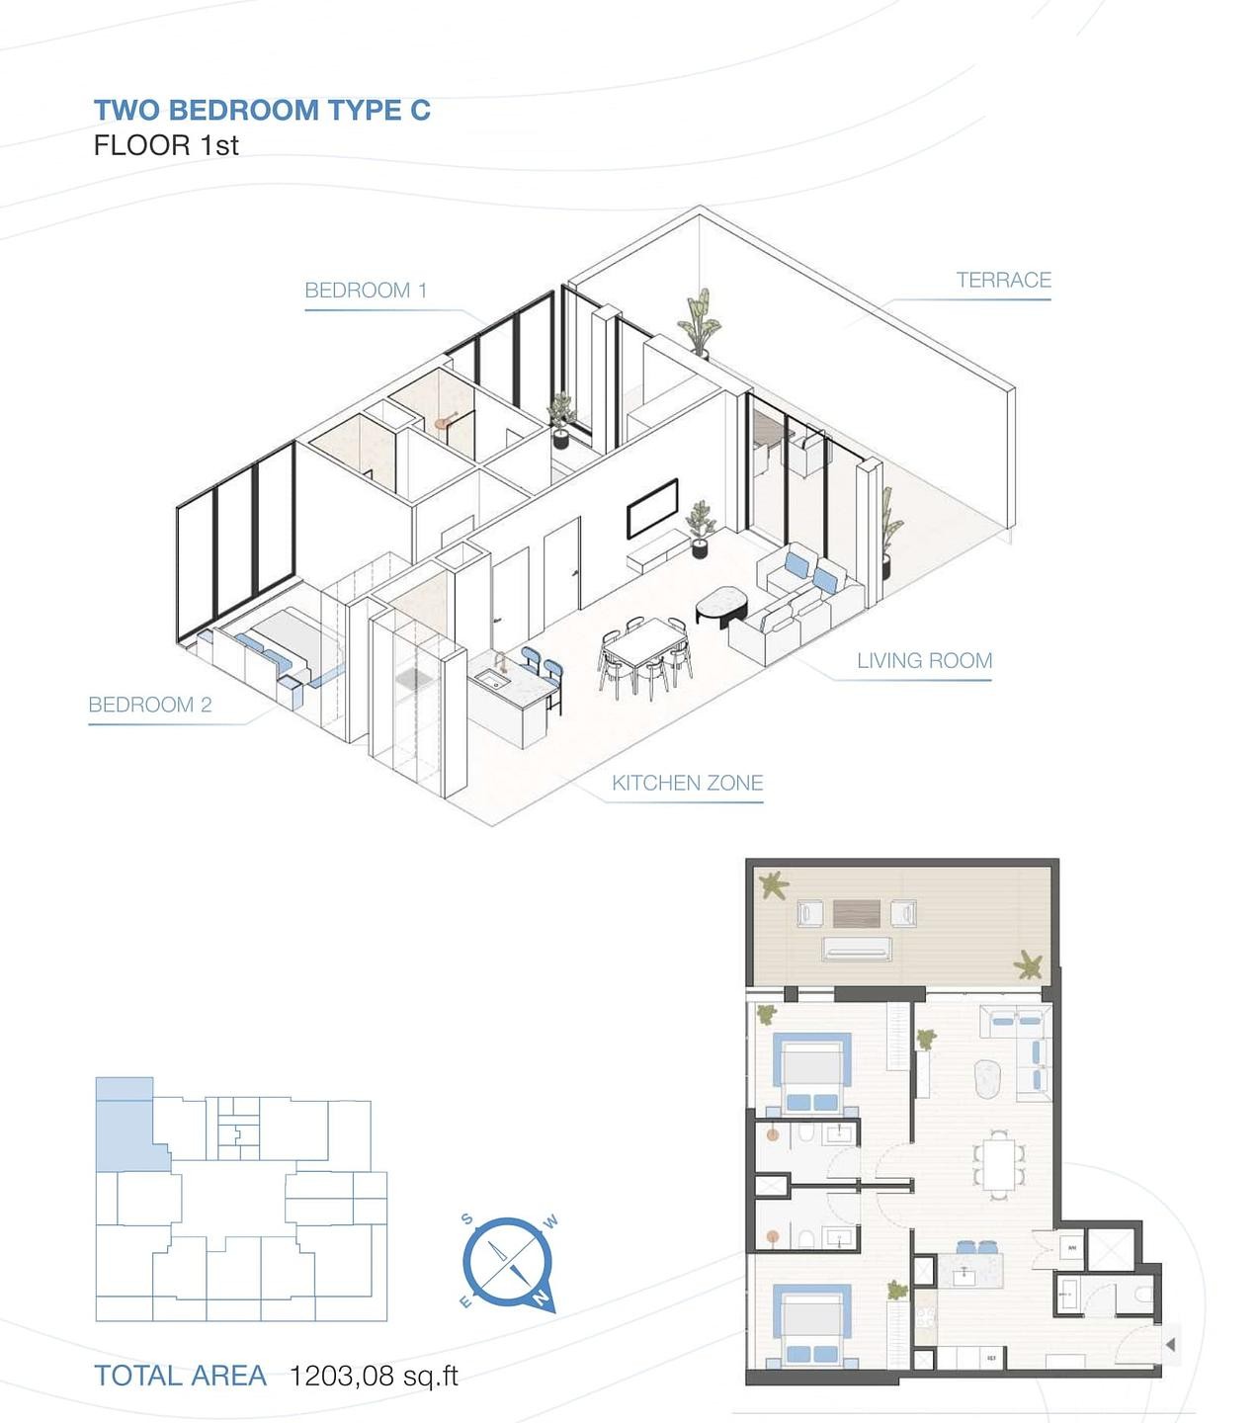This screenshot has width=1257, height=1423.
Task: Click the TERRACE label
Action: point(1003,281)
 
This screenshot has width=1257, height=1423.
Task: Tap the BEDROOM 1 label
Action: point(366,291)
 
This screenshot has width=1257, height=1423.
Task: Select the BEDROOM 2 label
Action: point(150,705)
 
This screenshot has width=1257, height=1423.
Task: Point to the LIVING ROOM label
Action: point(924,661)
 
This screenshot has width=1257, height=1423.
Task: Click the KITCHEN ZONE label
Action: point(687,784)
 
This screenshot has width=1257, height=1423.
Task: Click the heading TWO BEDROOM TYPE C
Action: point(262,110)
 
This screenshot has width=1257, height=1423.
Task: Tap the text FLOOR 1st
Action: point(166,145)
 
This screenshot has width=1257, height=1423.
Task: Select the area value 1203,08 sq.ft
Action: point(374,1376)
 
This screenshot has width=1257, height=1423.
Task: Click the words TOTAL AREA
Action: point(180,1376)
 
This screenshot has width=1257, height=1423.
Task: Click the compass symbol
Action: point(507,1262)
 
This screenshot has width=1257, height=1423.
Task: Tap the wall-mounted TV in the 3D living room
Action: point(652,508)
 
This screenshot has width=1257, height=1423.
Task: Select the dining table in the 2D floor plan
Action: point(998,1165)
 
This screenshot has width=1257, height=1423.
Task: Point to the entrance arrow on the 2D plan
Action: point(1170,1344)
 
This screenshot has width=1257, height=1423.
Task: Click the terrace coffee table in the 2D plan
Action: point(856,913)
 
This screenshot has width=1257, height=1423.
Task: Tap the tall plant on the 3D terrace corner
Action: point(699,321)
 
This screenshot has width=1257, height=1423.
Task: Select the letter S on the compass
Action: point(467,1219)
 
